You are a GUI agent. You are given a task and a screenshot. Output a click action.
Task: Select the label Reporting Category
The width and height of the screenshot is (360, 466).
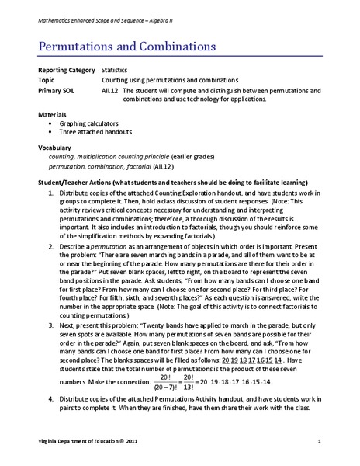pyautogui.click(x=64, y=70)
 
